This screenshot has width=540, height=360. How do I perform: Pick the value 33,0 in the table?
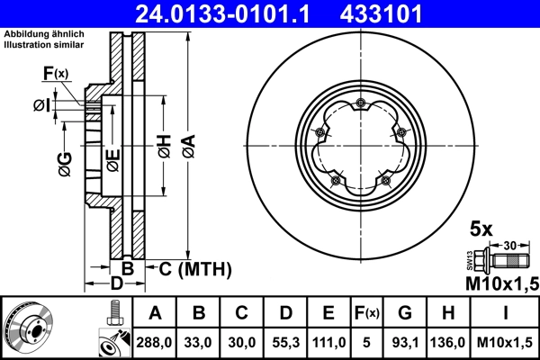199,343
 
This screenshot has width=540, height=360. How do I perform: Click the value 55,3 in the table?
284,343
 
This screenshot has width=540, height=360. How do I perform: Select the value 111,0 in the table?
328,343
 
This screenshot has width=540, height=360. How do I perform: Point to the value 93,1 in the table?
405,343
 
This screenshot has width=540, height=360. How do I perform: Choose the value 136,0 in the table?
449,343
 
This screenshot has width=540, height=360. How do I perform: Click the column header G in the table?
405,314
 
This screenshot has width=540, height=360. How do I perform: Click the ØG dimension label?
64,164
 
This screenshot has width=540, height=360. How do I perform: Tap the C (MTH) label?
195,269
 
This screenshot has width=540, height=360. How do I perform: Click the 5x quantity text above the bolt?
482,229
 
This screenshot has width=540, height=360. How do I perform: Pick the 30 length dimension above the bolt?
509,244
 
